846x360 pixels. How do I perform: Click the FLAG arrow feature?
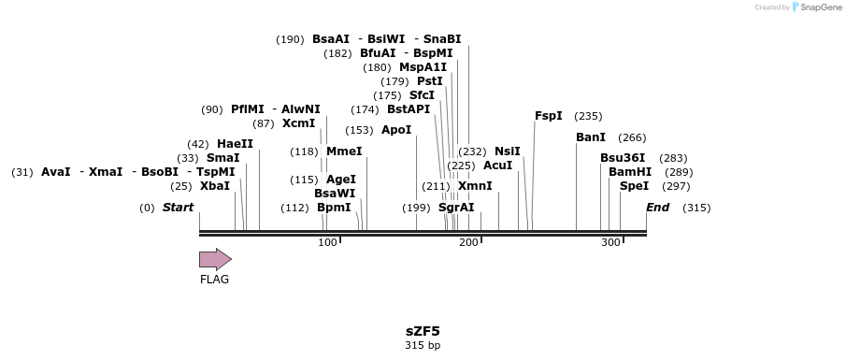pyautogui.click(x=215, y=259)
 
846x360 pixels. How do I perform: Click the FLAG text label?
pyautogui.click(x=214, y=279)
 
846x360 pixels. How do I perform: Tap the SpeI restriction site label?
pyautogui.click(x=634, y=186)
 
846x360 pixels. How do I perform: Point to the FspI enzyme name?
pyautogui.click(x=549, y=116)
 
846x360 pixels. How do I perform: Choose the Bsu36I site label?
pyautogui.click(x=623, y=158)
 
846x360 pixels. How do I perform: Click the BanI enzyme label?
pyautogui.click(x=591, y=137)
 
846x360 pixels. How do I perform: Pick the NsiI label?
pyautogui.click(x=508, y=151)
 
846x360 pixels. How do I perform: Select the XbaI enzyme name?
pyautogui.click(x=215, y=186)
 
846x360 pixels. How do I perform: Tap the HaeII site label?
pyautogui.click(x=235, y=144)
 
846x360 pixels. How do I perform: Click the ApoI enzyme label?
pyautogui.click(x=396, y=130)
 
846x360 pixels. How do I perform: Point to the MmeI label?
pyautogui.click(x=344, y=151)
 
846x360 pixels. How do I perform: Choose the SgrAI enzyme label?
pyautogui.click(x=456, y=208)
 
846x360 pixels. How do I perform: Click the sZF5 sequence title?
pyautogui.click(x=423, y=331)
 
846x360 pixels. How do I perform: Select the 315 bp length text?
pyautogui.click(x=423, y=345)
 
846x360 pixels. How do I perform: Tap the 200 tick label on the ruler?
pyautogui.click(x=469, y=243)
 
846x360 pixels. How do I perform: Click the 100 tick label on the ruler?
pyautogui.click(x=327, y=243)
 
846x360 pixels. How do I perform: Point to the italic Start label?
pyautogui.click(x=178, y=208)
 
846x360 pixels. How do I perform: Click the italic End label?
pyautogui.click(x=658, y=208)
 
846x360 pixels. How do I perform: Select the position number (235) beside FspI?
pyautogui.click(x=588, y=116)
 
